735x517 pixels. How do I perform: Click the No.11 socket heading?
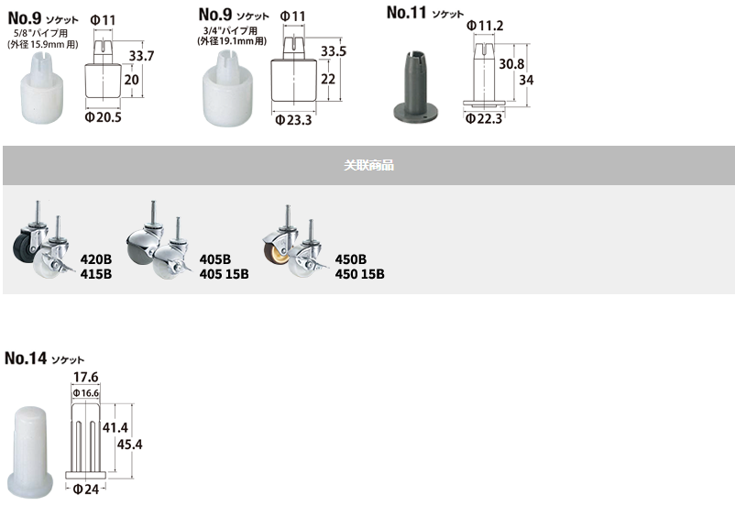coord(424,13)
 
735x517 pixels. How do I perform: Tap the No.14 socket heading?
coord(44,358)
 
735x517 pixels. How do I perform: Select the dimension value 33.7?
coord(141,56)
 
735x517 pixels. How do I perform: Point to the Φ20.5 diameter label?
coord(104,117)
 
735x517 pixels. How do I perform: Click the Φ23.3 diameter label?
coord(293,120)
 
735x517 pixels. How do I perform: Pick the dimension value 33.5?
coord(334,51)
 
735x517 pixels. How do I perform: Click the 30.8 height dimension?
coord(511,64)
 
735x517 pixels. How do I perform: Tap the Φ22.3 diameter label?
coord(484,118)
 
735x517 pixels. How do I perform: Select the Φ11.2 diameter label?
coord(485,26)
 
